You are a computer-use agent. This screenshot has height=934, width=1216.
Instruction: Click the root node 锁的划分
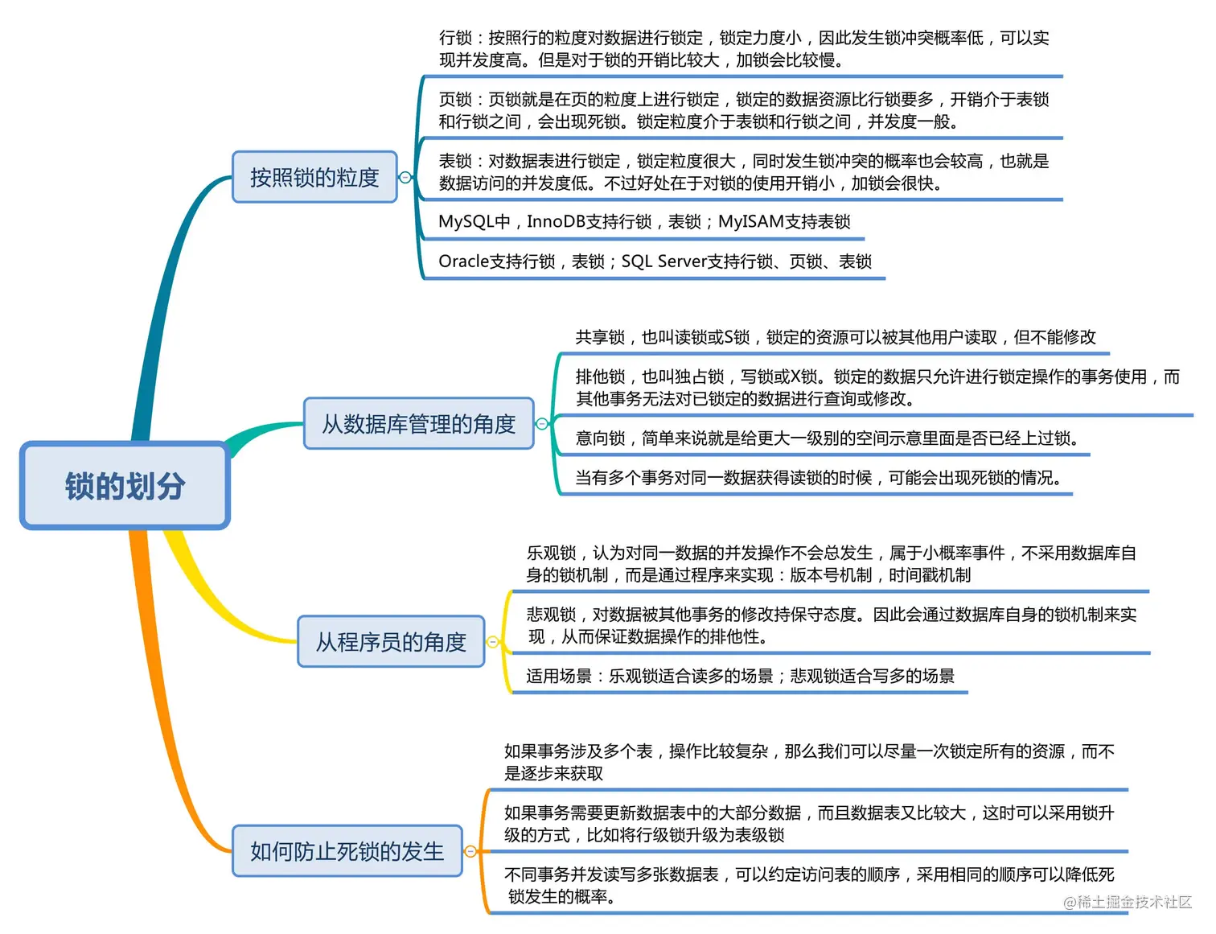pos(125,486)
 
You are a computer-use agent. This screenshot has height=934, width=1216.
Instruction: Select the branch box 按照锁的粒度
pos(314,177)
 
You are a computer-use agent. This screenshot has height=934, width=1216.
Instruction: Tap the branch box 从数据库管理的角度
pos(418,424)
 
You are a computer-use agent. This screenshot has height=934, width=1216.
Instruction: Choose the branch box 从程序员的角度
pos(391,642)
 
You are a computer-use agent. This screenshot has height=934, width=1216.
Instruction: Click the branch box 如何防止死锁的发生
pos(347,851)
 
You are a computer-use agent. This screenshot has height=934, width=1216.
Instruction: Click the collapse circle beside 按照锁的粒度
pos(405,177)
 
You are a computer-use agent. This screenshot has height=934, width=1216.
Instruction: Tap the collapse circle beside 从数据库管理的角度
pos(542,424)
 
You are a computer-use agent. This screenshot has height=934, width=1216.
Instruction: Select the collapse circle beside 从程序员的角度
pos(493,642)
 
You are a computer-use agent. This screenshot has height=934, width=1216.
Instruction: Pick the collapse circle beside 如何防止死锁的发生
pos(471,851)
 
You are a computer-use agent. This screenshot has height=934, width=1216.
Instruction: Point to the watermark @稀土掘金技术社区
pos(1128,902)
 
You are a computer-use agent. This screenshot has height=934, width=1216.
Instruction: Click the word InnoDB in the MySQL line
pos(556,222)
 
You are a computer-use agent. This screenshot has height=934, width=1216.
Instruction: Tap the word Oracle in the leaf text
pos(463,261)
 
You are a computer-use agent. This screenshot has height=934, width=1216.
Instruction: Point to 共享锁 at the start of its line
pos(600,338)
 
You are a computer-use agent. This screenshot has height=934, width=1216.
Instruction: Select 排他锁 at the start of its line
pos(600,377)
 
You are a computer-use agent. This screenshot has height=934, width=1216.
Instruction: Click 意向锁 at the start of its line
pos(600,438)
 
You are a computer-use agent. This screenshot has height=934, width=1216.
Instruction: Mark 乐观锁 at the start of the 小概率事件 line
pos(551,553)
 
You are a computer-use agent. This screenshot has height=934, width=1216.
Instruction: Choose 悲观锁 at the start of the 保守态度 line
pos(551,615)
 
